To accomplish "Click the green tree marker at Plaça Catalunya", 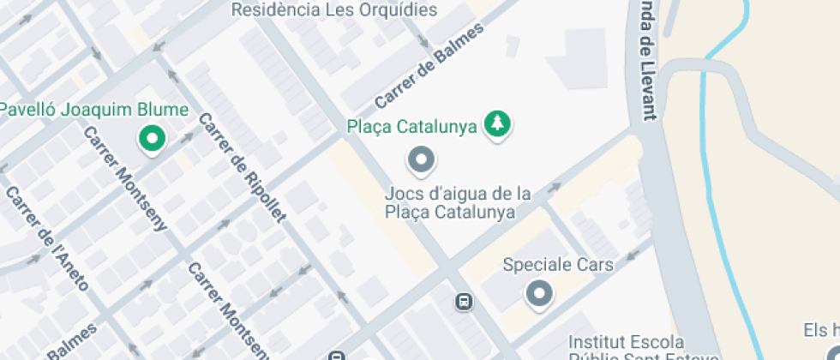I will pos(496,125).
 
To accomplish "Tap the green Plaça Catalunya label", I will pos(411,128).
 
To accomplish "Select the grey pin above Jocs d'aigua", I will pos(421,159).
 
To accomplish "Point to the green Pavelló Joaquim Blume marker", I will pos(153,138).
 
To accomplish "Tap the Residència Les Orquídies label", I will pos(335,10).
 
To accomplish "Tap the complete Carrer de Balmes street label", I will pos(429,66).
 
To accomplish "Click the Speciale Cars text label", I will pos(558,265).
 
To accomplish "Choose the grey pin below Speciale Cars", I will pos(539,294).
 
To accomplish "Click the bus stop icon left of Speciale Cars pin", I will pos(464,301).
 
